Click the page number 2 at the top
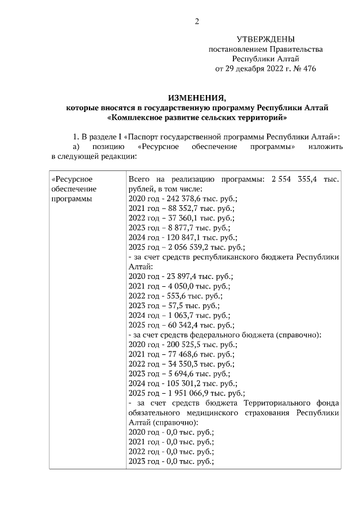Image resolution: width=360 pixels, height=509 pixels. [x=197, y=22]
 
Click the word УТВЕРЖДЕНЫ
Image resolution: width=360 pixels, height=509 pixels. [x=265, y=39]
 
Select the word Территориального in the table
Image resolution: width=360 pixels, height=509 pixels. [x=278, y=403]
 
